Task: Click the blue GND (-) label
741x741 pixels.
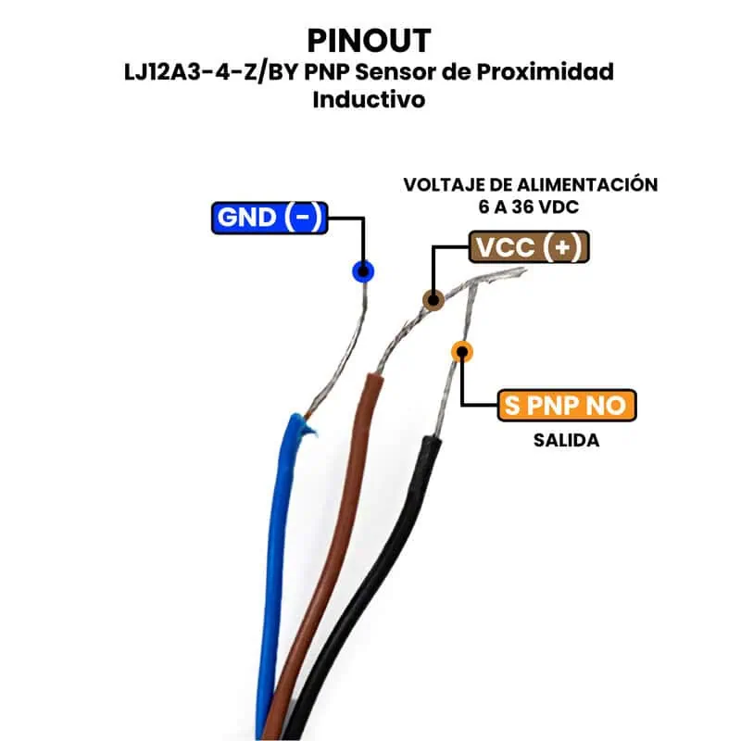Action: tap(269, 218)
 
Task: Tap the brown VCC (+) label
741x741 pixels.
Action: tap(530, 248)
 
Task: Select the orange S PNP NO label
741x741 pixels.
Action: tap(567, 405)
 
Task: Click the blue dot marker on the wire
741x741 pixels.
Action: tap(363, 271)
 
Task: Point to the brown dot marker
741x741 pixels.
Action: tap(432, 299)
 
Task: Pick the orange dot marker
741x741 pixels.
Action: tap(461, 351)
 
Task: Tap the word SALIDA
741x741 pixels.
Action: tap(566, 440)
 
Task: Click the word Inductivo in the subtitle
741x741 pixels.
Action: tap(369, 99)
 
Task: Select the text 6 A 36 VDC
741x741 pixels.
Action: tap(522, 207)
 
